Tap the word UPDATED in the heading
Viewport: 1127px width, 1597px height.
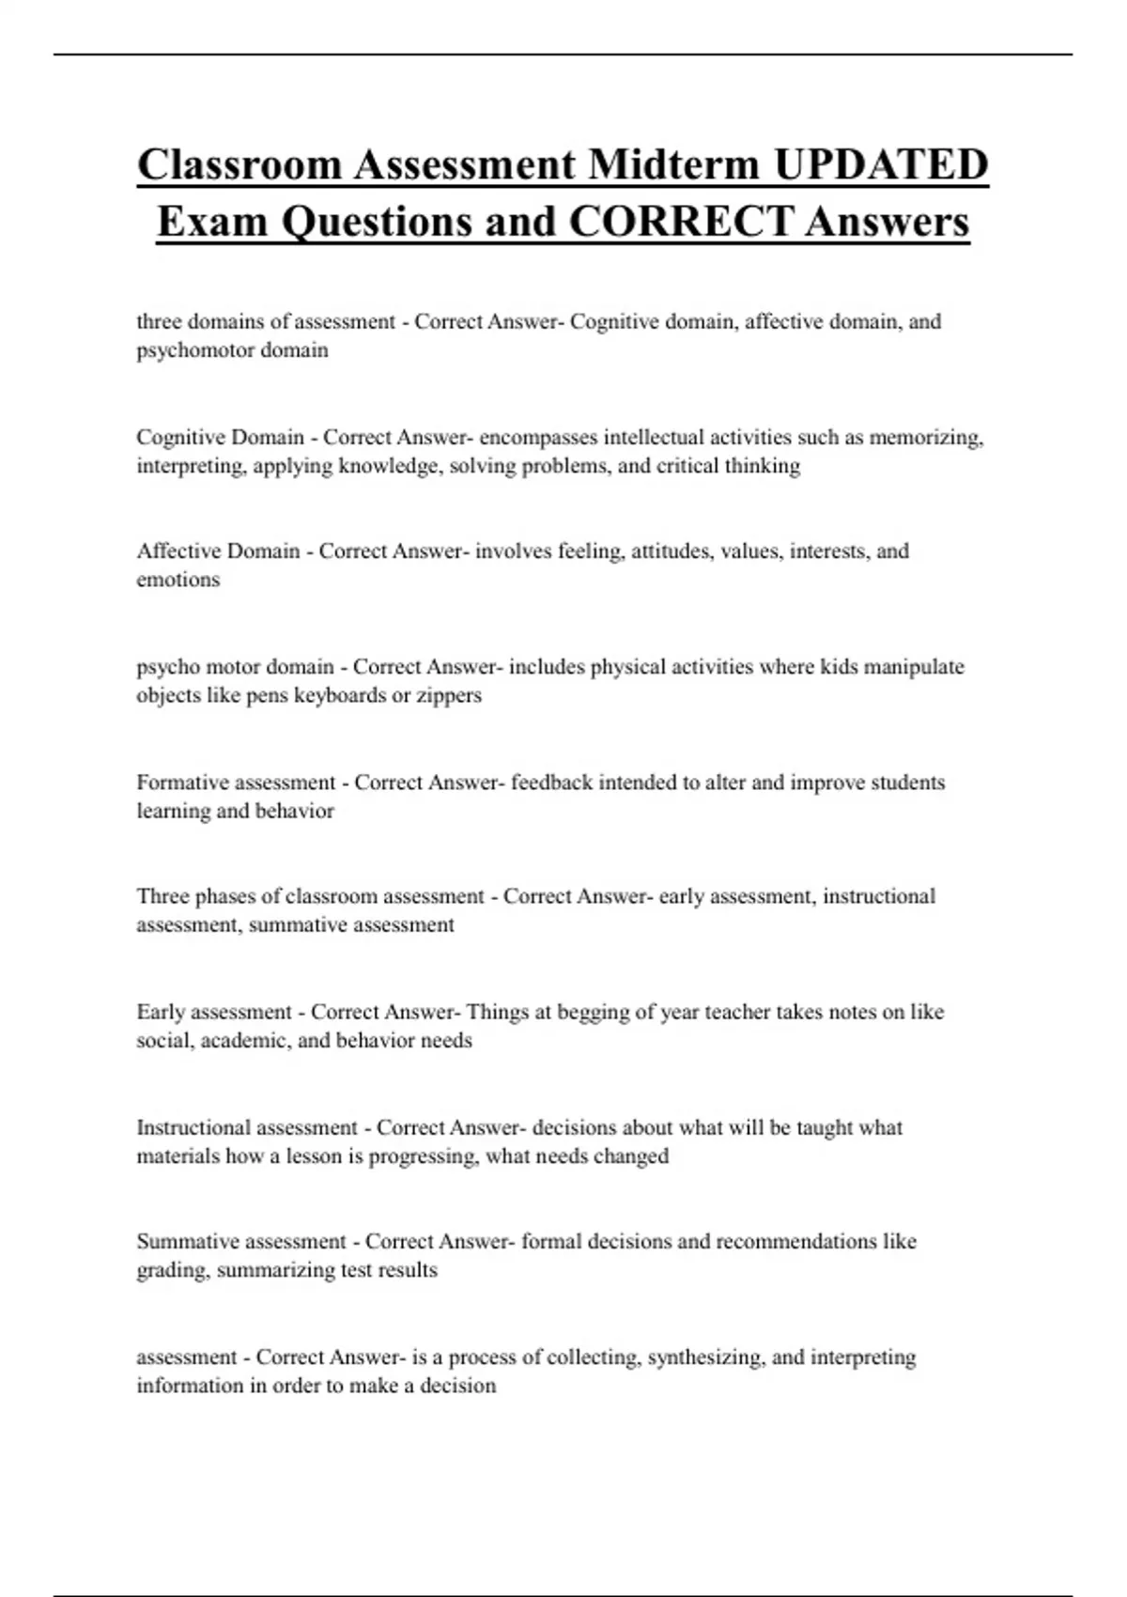[x=881, y=164]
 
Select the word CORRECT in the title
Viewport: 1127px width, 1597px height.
[x=680, y=222]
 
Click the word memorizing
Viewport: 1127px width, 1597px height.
[x=925, y=438]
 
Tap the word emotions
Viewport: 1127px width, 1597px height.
[x=178, y=580]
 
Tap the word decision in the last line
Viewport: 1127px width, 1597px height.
[x=459, y=1386]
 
